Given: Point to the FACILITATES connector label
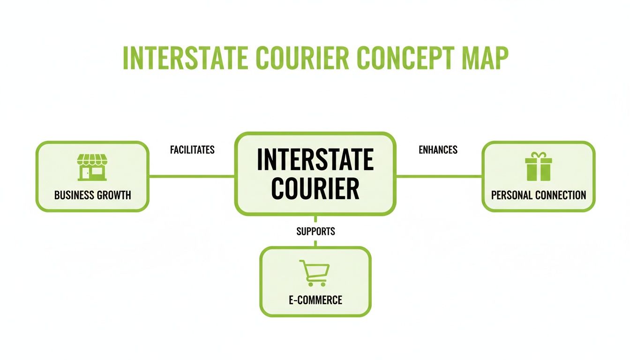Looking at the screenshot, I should tap(192, 150).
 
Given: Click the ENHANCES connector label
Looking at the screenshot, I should tap(438, 150).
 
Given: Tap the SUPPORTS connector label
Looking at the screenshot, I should tap(315, 231).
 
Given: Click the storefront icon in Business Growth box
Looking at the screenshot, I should tap(92, 168).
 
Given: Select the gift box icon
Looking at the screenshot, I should tap(539, 167).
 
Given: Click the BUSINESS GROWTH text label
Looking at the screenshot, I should tap(92, 195).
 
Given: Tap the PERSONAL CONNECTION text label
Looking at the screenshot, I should tap(539, 195).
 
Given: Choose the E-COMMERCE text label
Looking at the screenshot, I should tap(315, 300).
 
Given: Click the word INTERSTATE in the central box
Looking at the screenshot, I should tap(315, 160).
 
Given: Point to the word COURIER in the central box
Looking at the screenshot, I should tap(315, 188).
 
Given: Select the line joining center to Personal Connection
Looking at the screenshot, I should tap(439, 176).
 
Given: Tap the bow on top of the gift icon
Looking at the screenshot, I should tap(539, 155).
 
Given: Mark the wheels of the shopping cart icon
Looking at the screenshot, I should tap(315, 284).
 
